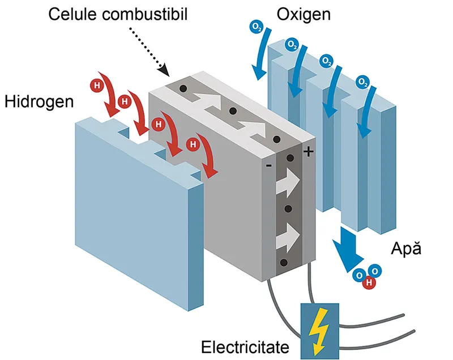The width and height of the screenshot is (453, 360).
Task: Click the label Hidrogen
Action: [x=39, y=102]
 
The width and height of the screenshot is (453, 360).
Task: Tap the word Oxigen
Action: [x=304, y=15]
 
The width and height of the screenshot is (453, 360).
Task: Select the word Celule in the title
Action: [x=73, y=14]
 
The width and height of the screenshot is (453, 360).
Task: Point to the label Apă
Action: [x=406, y=248]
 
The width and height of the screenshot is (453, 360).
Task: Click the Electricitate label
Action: [x=245, y=347]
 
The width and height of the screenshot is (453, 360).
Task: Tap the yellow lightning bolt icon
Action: [x=319, y=331]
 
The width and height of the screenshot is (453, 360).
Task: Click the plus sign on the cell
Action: [x=309, y=151]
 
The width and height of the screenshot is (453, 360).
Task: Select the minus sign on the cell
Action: [x=268, y=165]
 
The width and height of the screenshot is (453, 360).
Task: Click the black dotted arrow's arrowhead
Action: [x=164, y=71]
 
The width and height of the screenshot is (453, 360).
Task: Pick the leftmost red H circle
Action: [x=97, y=85]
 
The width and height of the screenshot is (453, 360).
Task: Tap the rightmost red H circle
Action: [x=193, y=144]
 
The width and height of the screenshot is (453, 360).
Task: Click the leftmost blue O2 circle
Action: [x=257, y=27]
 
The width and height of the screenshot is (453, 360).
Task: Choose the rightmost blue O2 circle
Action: [x=362, y=82]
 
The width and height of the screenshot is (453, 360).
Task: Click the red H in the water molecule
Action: [x=369, y=282]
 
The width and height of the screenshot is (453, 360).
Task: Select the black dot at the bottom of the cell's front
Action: [x=284, y=263]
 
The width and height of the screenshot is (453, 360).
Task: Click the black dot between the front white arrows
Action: [x=288, y=209]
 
